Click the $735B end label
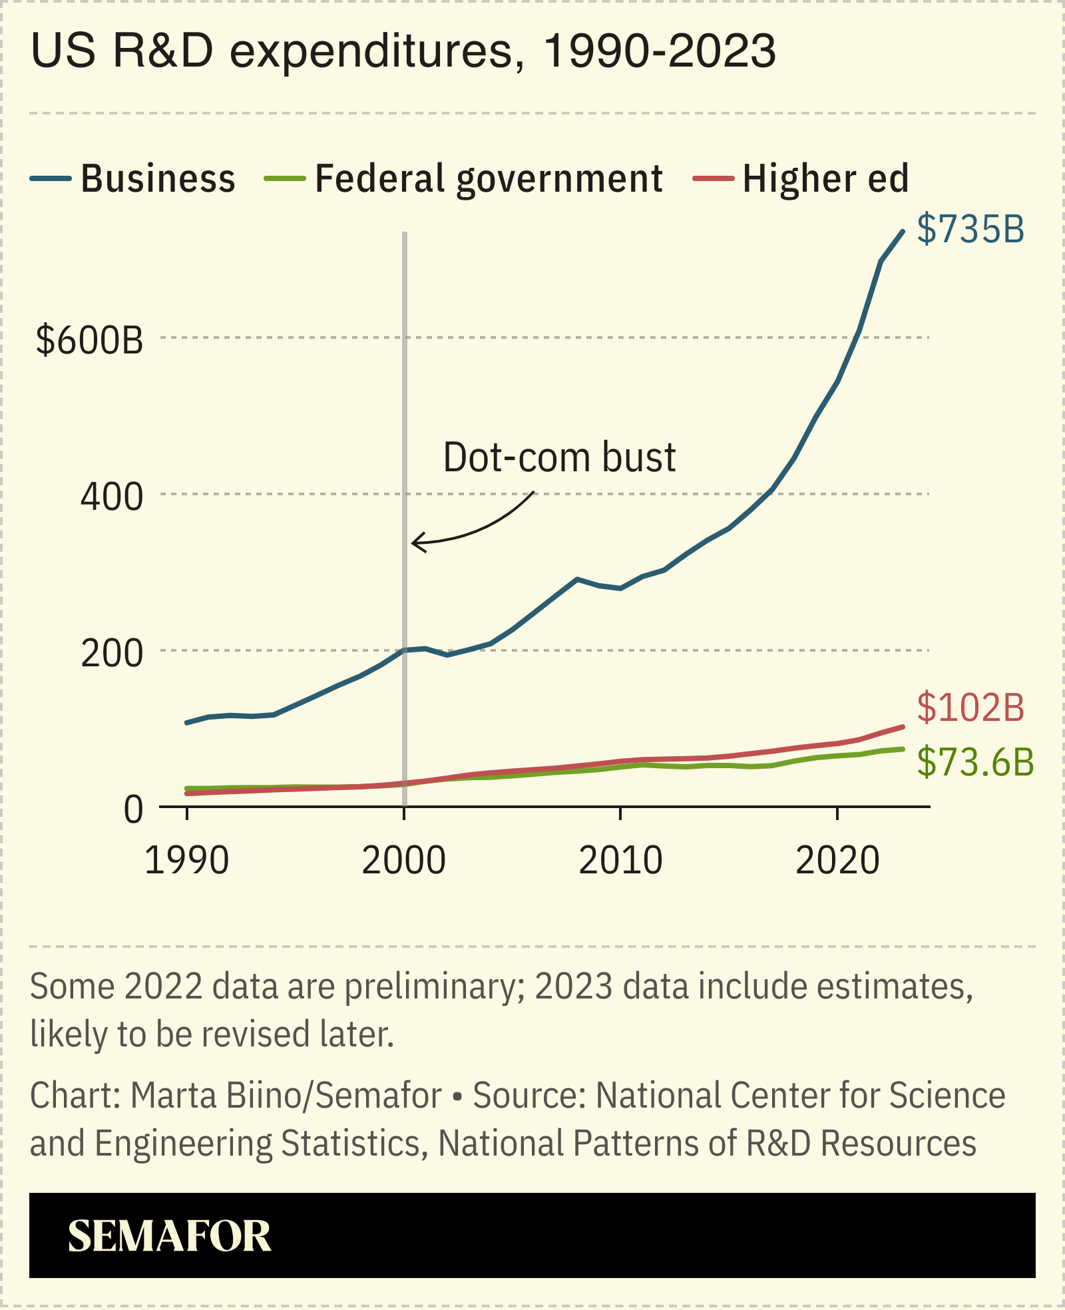[970, 229]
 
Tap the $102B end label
[970, 708]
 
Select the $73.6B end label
[975, 762]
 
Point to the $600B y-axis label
[90, 339]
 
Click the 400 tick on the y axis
[111, 497]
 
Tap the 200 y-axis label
[111, 653]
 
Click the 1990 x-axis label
[186, 861]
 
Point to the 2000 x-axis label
[403, 861]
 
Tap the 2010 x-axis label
[620, 861]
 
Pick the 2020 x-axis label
[837, 861]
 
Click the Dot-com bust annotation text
[559, 457]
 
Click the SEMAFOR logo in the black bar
[169, 1236]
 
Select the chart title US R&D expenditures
[403, 51]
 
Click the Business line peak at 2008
[577, 579]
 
